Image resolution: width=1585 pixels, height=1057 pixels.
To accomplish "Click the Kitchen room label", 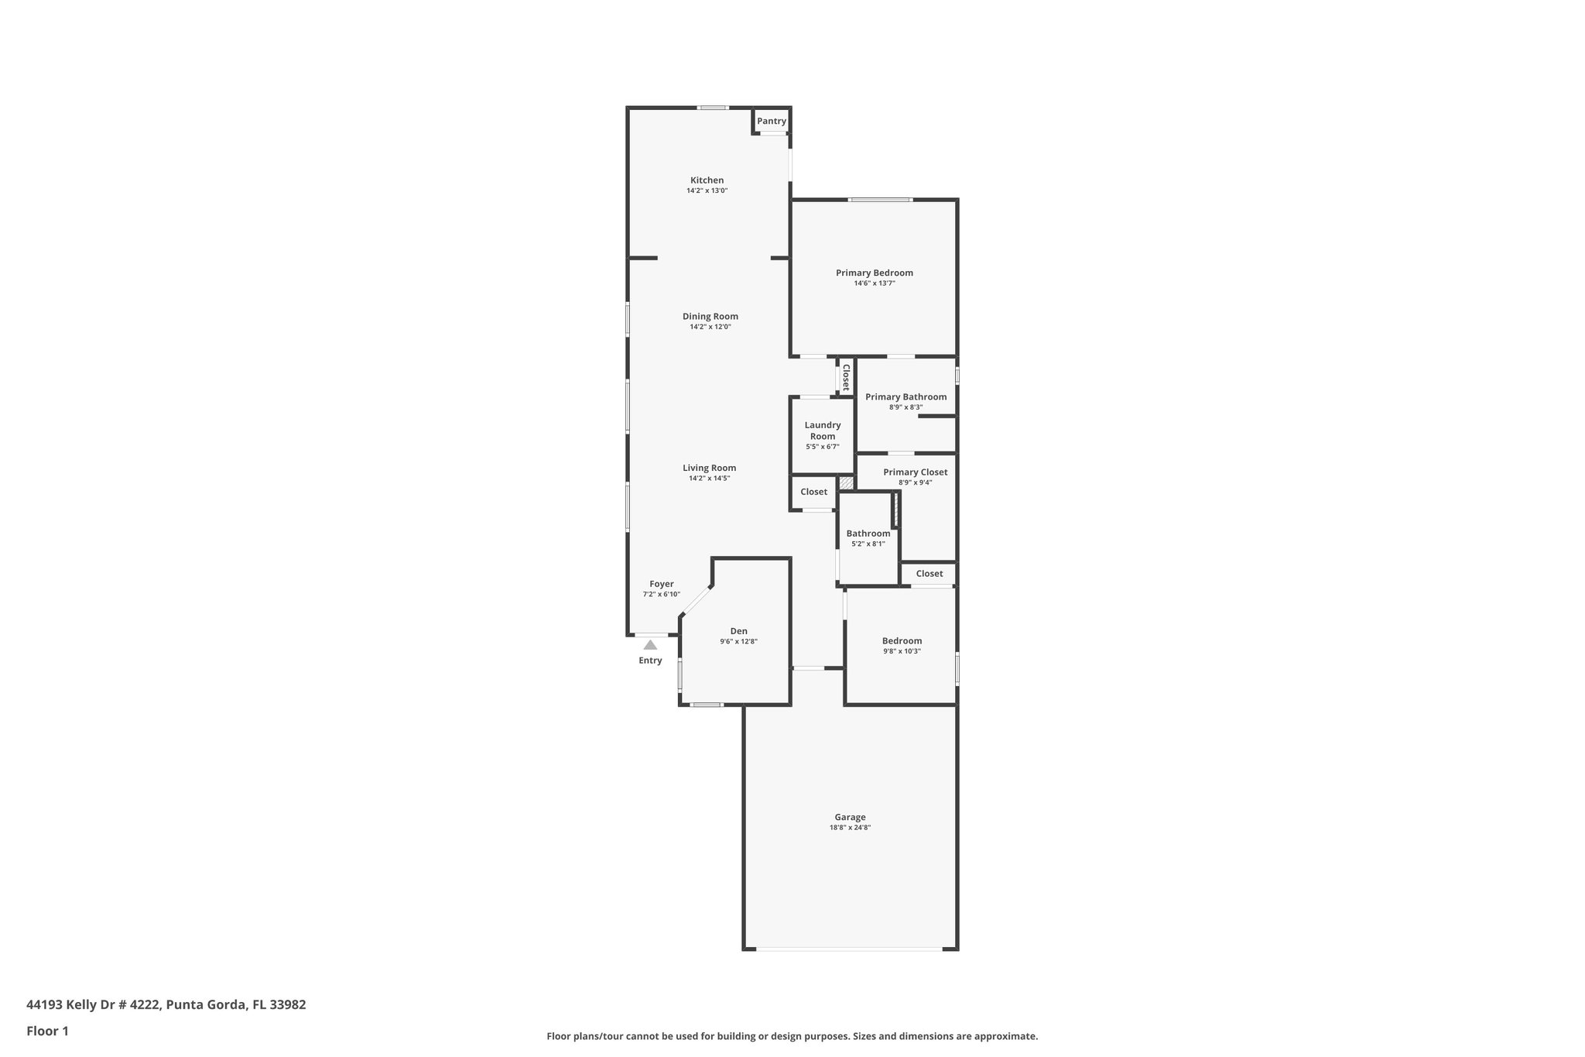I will pyautogui.click(x=707, y=180).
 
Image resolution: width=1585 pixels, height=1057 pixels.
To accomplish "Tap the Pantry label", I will pyautogui.click(x=771, y=121).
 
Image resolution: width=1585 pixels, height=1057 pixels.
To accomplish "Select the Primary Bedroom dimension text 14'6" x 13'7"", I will pyautogui.click(x=875, y=283).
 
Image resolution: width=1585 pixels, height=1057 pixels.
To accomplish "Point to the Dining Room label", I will pyautogui.click(x=710, y=316).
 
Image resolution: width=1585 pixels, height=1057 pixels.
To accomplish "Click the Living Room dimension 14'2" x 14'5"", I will pyautogui.click(x=709, y=479).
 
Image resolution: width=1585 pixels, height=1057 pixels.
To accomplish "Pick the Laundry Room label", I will pyautogui.click(x=822, y=431).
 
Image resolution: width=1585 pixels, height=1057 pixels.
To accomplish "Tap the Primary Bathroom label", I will pyautogui.click(x=905, y=396).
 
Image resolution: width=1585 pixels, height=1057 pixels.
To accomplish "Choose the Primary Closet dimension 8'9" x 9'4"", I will pyautogui.click(x=915, y=482).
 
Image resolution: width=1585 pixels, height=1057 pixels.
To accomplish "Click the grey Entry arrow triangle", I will pyautogui.click(x=650, y=644).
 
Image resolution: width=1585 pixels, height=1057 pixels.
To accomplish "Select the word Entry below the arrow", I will pyautogui.click(x=650, y=661).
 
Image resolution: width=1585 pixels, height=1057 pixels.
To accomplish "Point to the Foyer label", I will pyautogui.click(x=661, y=584).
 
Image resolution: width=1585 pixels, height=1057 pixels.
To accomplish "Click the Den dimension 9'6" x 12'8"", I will pyautogui.click(x=738, y=641).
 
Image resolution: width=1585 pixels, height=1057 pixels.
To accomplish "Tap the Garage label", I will pyautogui.click(x=850, y=817).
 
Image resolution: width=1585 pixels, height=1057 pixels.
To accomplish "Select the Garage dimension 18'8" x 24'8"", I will pyautogui.click(x=850, y=828).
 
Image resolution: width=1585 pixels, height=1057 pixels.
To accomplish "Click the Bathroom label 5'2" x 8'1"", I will pyautogui.click(x=868, y=534).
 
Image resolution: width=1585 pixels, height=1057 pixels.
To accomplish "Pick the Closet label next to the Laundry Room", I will pyautogui.click(x=813, y=492).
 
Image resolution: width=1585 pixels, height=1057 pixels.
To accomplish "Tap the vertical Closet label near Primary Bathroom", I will pyautogui.click(x=846, y=376).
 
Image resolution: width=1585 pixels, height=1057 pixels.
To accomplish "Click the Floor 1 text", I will pyautogui.click(x=47, y=1031).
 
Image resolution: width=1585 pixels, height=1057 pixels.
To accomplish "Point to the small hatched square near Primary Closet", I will pyautogui.click(x=847, y=483).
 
